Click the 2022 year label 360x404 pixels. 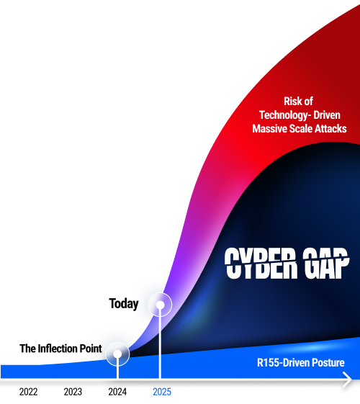[28, 392]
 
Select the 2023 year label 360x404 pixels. [73, 392]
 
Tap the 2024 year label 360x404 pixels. [117, 392]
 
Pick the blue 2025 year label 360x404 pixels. [162, 392]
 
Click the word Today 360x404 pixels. [124, 303]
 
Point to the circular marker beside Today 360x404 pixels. [160, 305]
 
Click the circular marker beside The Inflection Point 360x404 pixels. [117, 354]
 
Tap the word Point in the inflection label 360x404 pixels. [91, 349]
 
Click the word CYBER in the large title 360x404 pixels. [261, 263]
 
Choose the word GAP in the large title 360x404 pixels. [325, 263]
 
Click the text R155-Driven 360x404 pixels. [283, 362]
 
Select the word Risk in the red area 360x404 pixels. [292, 102]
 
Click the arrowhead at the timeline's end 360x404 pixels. [348, 380]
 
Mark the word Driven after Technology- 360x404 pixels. [327, 115]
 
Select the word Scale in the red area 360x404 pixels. [301, 129]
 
